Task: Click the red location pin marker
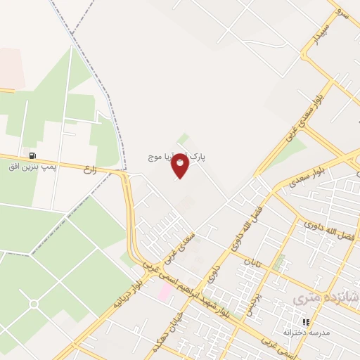[x=181, y=165]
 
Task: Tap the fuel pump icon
[x=32, y=155]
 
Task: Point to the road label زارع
[x=89, y=169]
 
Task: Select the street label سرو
[x=341, y=12]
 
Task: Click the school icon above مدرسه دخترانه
[x=306, y=321]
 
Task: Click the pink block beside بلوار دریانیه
[x=164, y=291]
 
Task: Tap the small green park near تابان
[x=279, y=262]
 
